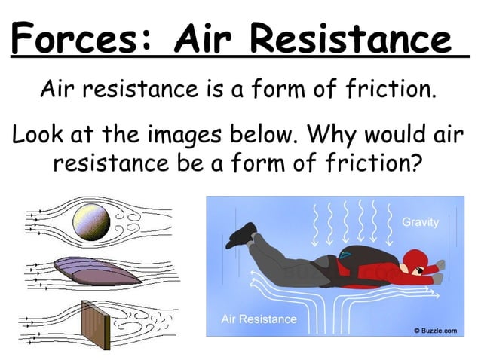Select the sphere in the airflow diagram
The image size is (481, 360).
click(91, 221)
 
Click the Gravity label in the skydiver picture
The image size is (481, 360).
click(421, 223)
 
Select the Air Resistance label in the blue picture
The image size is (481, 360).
click(259, 319)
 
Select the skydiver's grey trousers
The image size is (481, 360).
click(294, 263)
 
